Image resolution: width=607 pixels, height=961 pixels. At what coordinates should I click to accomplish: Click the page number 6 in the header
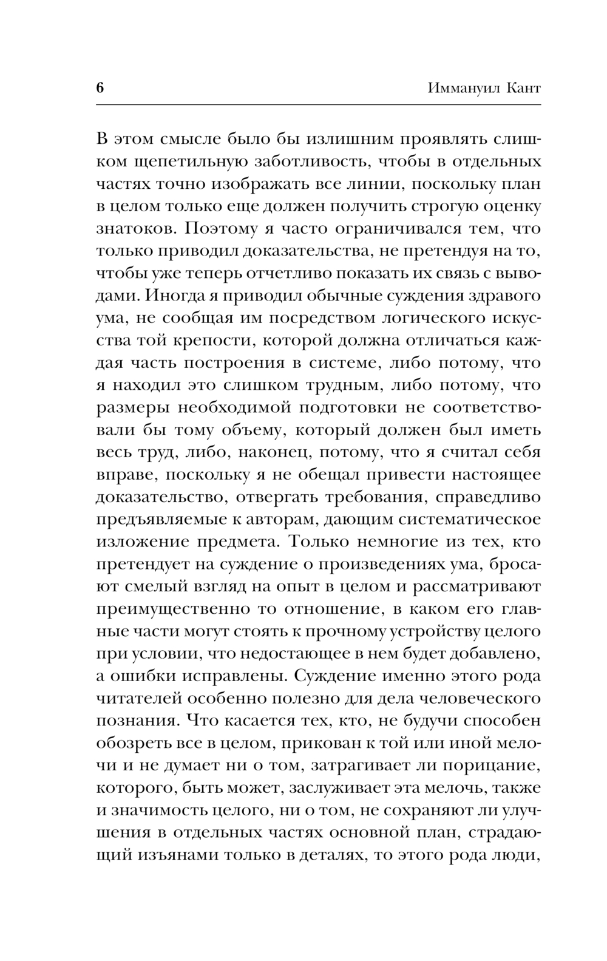(x=100, y=87)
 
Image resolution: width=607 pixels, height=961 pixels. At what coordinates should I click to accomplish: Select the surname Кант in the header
(x=521, y=88)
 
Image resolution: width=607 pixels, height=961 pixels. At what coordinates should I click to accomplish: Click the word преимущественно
(x=169, y=608)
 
